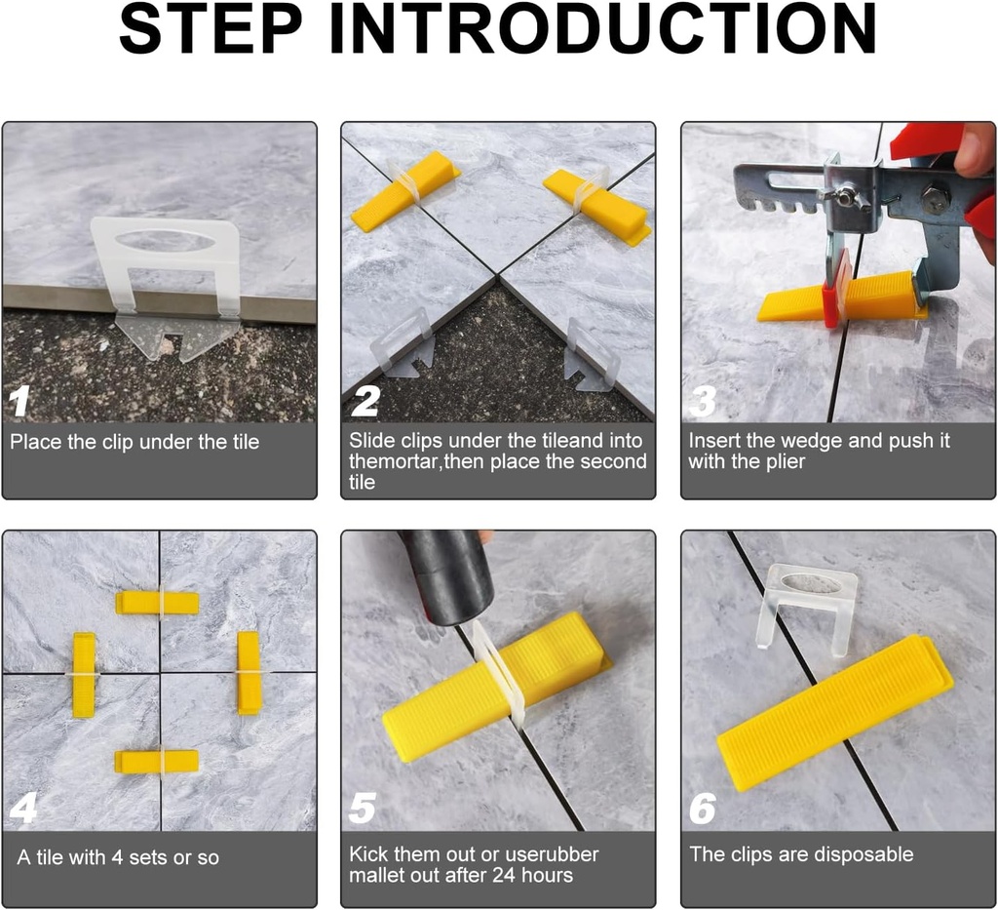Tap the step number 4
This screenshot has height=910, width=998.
coord(22,809)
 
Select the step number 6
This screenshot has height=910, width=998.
coord(702,809)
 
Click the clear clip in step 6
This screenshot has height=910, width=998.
coord(808,605)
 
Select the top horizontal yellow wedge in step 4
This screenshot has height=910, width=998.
coord(157,603)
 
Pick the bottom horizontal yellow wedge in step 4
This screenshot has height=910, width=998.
coord(156,761)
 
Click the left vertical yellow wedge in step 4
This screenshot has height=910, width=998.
coord(84,674)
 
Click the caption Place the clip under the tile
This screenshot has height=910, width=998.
coord(134,442)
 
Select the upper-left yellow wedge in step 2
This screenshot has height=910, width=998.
coord(405,190)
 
